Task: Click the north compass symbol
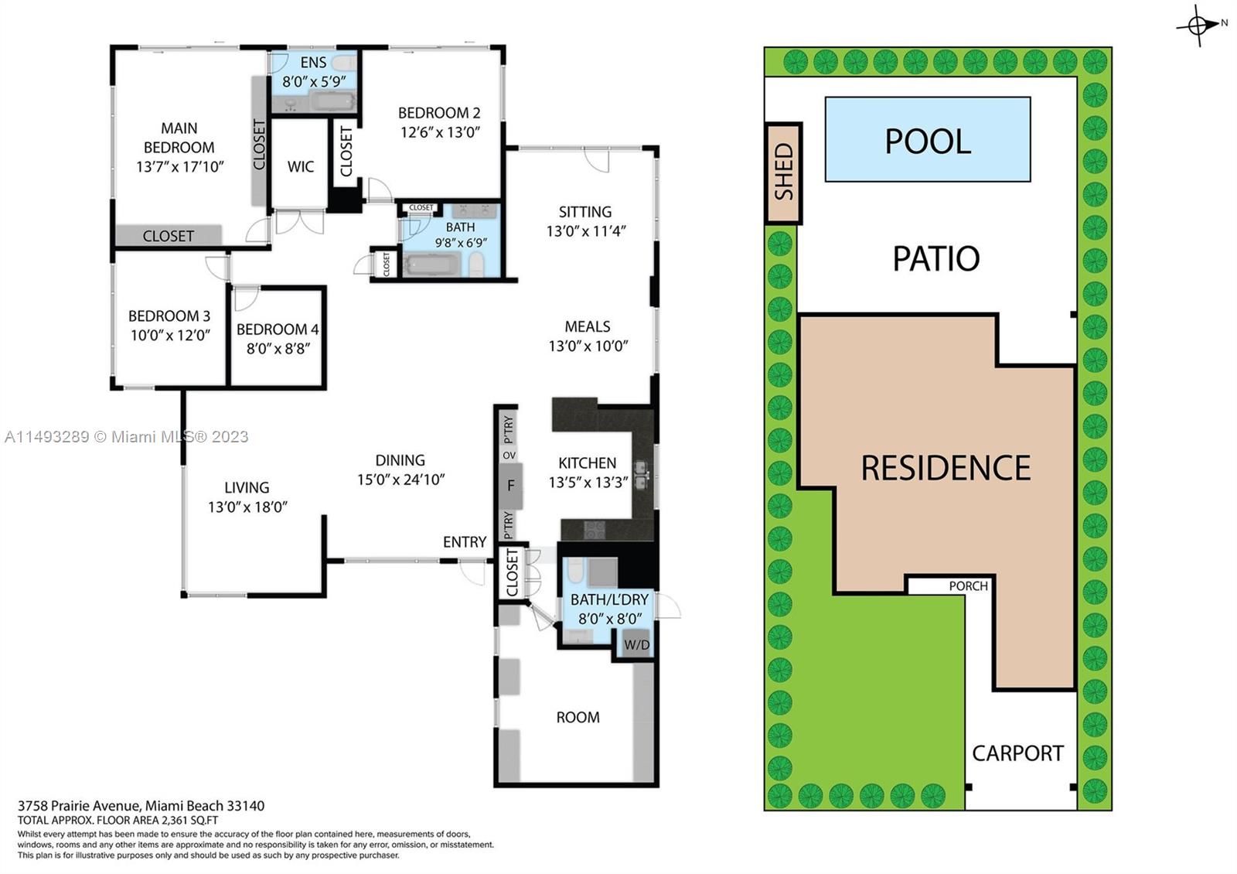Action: point(1198,25)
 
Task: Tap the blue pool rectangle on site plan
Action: point(927,140)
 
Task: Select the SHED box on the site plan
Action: point(783,172)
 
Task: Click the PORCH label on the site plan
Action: point(968,586)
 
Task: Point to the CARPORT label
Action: point(1017,753)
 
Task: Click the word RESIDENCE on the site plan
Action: point(946,468)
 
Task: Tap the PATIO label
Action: point(936,258)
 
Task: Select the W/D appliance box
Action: point(636,645)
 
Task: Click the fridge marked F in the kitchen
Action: point(510,486)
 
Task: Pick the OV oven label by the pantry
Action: point(509,456)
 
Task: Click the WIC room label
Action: point(301,167)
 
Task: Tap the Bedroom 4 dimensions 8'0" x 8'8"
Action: point(278,349)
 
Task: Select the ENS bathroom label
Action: point(313,62)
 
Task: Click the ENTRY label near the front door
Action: point(464,542)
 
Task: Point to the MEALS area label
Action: point(588,326)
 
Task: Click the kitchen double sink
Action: point(641,475)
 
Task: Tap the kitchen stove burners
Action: point(594,530)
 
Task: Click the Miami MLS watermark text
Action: point(127,437)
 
